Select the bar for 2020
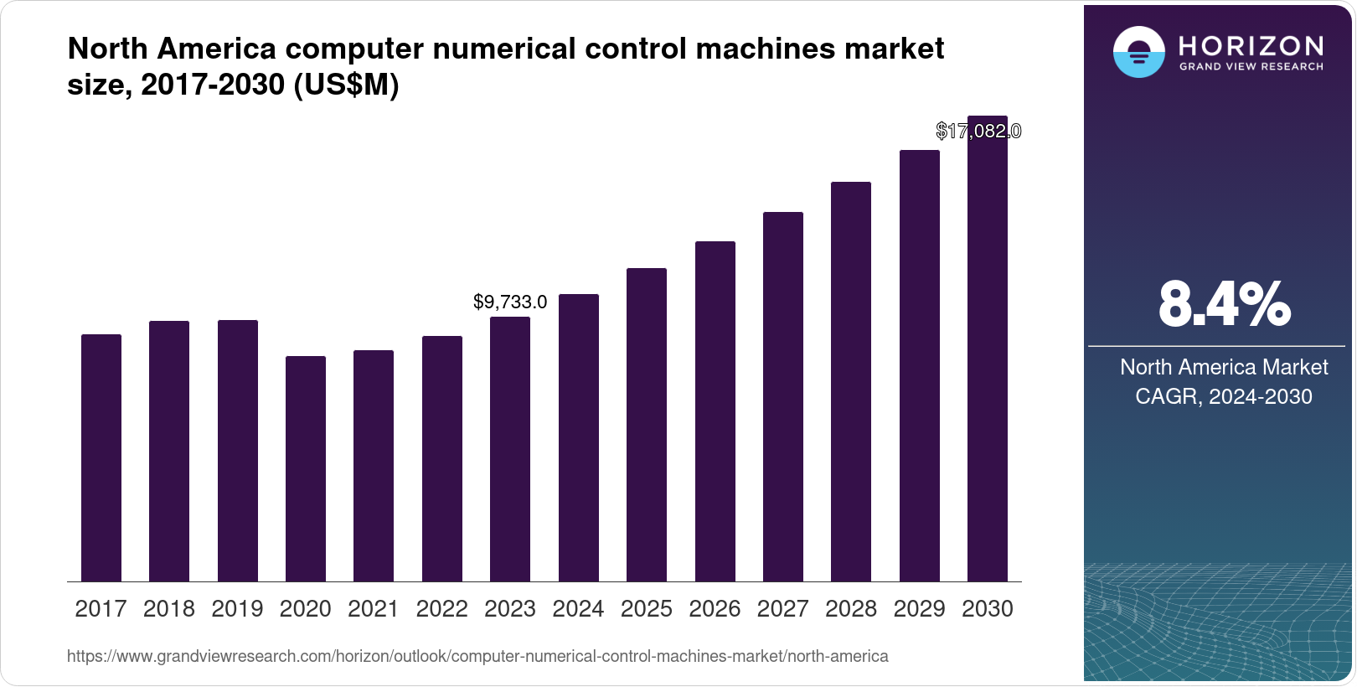point(306,469)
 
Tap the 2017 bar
point(101,458)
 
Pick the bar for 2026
point(715,411)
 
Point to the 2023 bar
point(510,449)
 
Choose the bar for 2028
point(851,381)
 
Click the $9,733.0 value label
point(510,302)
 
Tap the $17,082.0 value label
point(978,131)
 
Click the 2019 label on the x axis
point(237,609)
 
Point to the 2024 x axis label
point(578,609)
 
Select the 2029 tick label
point(919,609)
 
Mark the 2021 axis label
point(374,609)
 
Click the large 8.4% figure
point(1224,304)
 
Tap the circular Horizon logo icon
point(1138,52)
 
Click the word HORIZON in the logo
point(1251,46)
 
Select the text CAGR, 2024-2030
point(1224,396)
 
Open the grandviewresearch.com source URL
point(477,656)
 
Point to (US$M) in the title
point(346,85)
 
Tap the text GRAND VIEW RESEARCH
point(1251,66)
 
